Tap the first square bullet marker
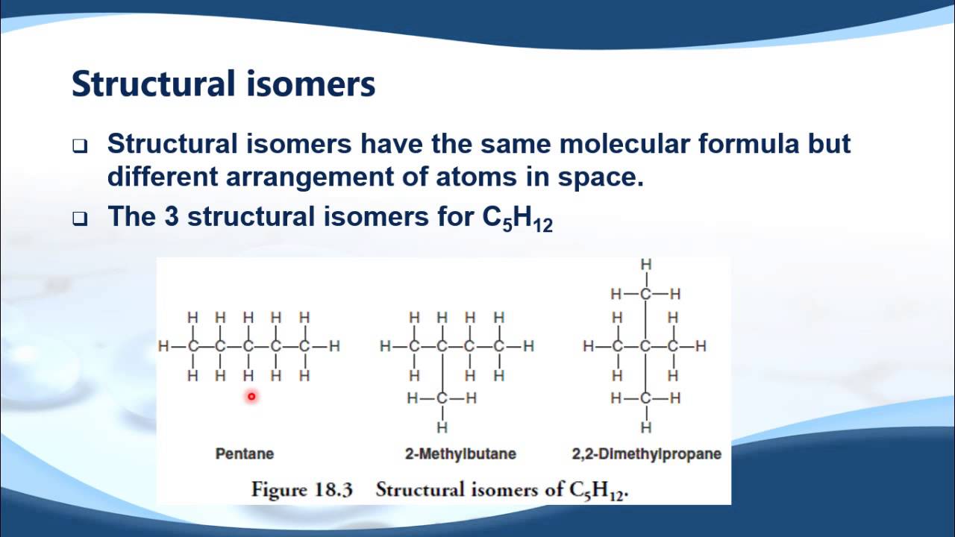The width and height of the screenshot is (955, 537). (80, 146)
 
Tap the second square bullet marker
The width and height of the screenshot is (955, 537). (80, 219)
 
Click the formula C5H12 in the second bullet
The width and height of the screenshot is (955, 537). (518, 218)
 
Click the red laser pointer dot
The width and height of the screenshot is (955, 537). (251, 397)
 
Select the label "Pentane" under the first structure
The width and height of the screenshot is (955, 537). (245, 453)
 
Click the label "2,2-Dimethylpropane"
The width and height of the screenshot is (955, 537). (647, 453)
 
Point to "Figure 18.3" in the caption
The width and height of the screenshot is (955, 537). (301, 490)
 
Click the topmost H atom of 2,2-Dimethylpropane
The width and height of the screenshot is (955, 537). (646, 264)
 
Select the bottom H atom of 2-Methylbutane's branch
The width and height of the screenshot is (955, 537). (442, 427)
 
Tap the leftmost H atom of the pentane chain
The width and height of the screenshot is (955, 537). (163, 346)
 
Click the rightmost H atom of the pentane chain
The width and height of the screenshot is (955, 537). (334, 346)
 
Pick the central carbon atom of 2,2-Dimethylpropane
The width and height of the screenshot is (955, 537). (646, 346)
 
